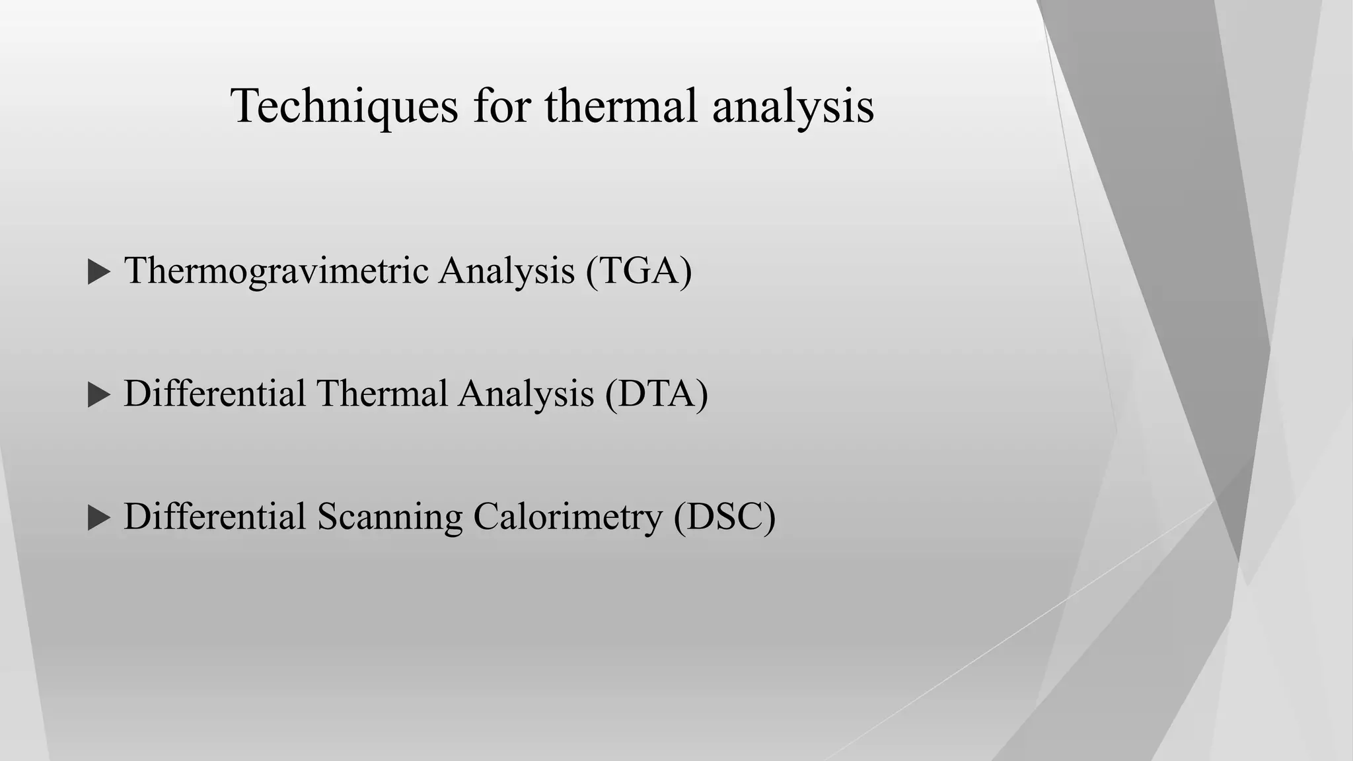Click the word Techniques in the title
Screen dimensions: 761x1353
344,106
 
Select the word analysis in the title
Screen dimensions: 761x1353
793,106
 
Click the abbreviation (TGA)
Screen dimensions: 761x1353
638,271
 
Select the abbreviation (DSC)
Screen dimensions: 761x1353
724,517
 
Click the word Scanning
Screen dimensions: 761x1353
389,517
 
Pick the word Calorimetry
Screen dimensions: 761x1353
567,517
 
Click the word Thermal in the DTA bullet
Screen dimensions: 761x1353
382,394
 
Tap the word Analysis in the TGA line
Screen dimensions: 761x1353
507,271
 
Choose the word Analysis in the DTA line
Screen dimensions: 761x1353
526,394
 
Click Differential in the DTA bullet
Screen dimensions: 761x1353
214,394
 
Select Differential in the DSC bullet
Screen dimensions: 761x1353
214,517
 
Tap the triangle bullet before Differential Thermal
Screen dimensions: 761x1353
98,395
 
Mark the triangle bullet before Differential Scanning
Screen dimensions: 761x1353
98,518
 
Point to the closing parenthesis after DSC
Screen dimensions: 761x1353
768,517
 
